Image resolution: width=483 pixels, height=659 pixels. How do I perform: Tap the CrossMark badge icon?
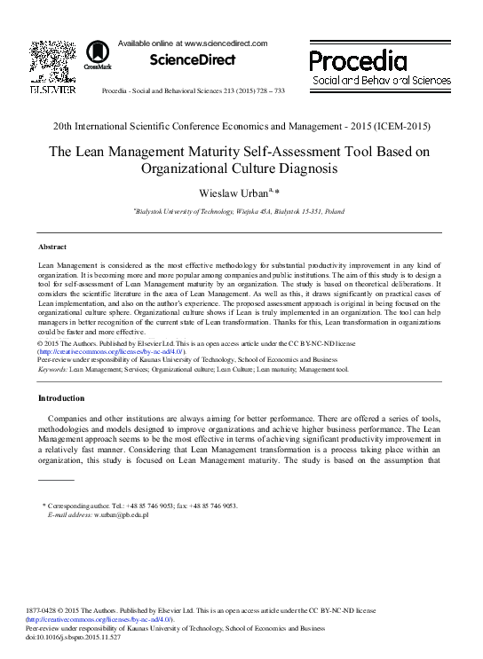point(97,55)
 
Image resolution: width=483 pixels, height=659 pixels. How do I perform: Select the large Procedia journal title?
point(358,60)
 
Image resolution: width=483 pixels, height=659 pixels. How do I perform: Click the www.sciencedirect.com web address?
point(225,43)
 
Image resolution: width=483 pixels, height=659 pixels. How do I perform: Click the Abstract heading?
point(52,246)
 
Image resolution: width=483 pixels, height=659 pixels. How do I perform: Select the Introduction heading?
point(62,397)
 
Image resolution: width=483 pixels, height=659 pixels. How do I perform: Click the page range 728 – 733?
point(266,91)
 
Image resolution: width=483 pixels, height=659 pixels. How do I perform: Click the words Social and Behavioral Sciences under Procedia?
point(381,81)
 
